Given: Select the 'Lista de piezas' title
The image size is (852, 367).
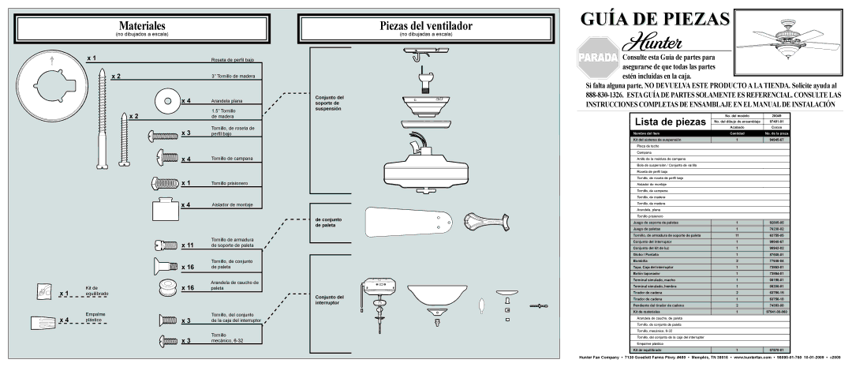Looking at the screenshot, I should pyautogui.click(x=668, y=123).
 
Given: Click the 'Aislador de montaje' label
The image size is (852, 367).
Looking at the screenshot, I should pyautogui.click(x=230, y=204).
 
